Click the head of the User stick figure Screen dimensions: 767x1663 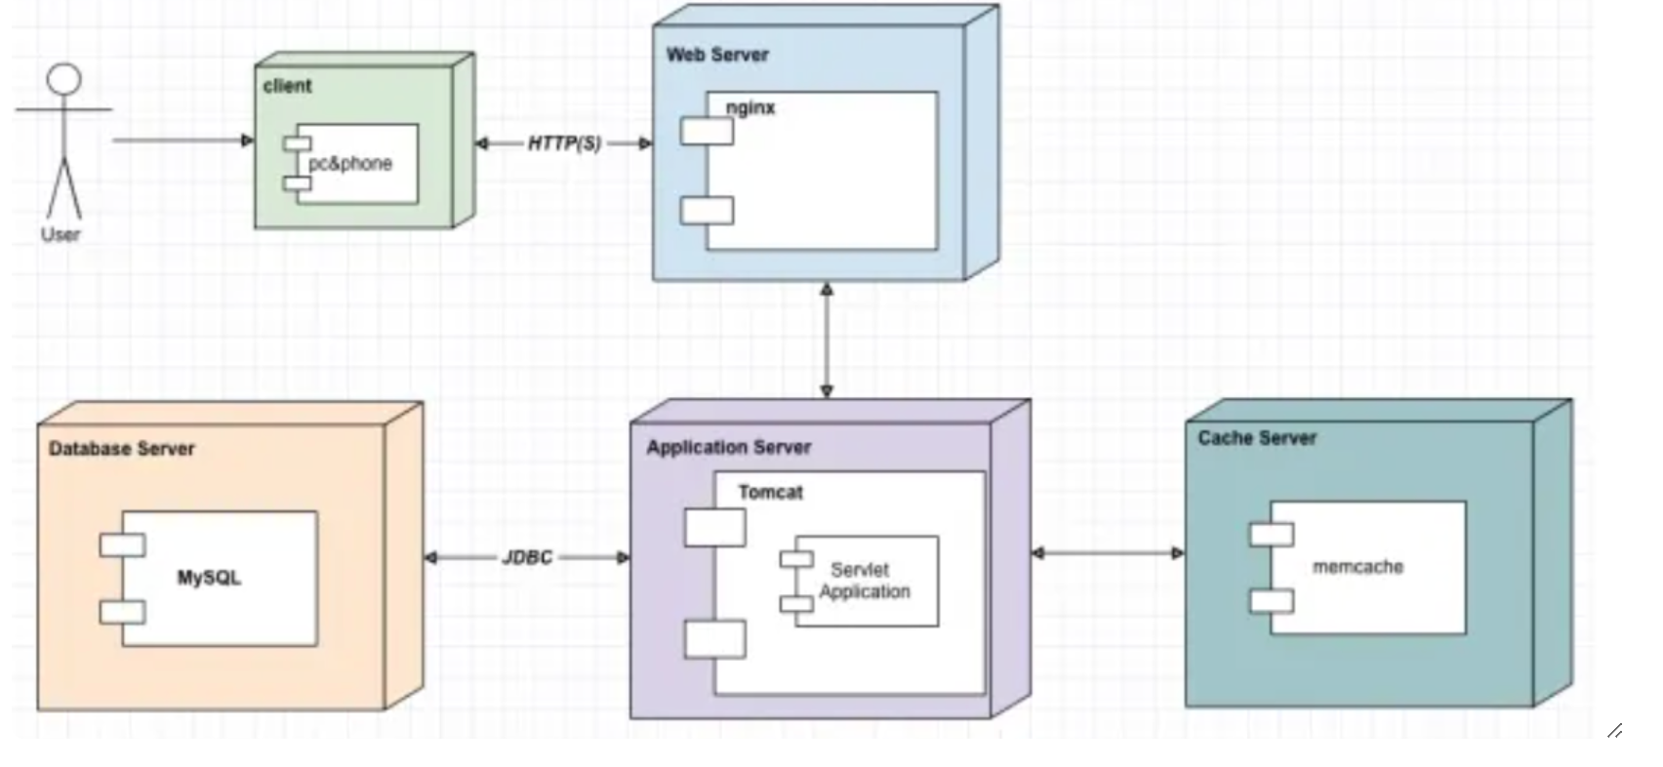[64, 79]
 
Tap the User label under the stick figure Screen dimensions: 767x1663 [61, 234]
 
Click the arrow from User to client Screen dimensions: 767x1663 [182, 141]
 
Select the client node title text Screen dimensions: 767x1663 [287, 86]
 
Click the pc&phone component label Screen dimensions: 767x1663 [350, 163]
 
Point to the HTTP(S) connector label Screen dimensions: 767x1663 [564, 143]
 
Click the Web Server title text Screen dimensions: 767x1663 [717, 55]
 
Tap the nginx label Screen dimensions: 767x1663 [750, 107]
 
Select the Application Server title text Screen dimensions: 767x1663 [728, 447]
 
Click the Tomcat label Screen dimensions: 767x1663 [770, 492]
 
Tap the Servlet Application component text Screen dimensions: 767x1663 [864, 581]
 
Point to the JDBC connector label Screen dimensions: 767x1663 [527, 557]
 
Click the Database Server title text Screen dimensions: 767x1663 [122, 449]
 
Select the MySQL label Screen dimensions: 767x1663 [209, 578]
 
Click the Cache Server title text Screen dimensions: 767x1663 [1257, 438]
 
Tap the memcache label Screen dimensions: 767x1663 [1358, 566]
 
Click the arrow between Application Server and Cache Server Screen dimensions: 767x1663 [1109, 553]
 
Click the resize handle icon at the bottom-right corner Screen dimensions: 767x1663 [1614, 730]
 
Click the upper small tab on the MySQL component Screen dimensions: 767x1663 [122, 545]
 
